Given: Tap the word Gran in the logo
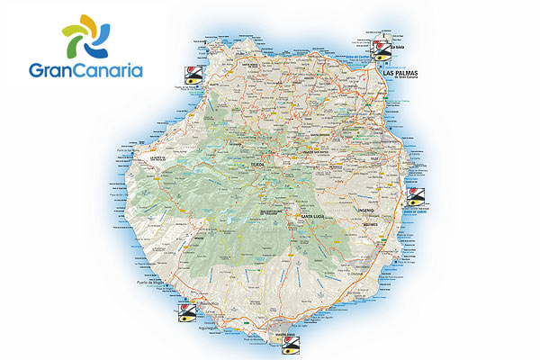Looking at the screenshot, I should tap(54, 68).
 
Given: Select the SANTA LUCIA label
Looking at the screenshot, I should tap(311, 218).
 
